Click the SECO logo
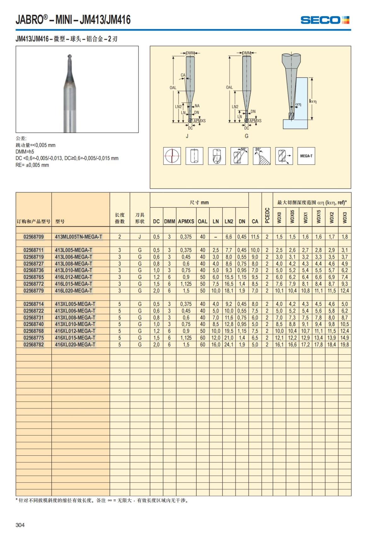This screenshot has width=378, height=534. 325,20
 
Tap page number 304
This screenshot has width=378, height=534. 20,525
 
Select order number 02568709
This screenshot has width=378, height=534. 34,237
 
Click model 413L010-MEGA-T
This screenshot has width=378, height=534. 74,270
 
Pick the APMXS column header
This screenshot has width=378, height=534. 186,221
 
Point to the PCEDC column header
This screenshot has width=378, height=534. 267,215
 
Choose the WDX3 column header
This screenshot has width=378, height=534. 345,217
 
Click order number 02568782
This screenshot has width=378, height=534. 34,345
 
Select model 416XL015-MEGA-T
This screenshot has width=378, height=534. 75,338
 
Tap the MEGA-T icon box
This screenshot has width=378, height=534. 306,156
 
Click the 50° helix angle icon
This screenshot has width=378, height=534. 239,156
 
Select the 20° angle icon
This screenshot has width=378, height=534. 261,156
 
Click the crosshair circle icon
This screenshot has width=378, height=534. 172,156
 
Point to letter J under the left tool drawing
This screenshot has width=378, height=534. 187,136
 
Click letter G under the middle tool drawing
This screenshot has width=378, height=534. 246,136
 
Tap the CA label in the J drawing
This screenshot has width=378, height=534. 183,75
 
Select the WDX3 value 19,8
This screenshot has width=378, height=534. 345,345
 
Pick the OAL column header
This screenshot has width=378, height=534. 203,221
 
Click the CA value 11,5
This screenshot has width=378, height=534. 255,237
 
